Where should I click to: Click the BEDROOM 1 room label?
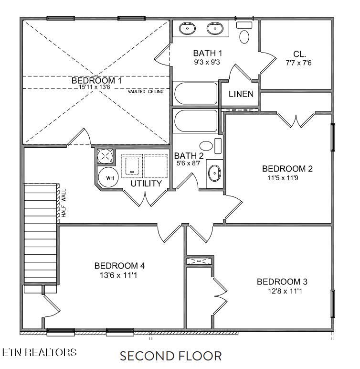96,80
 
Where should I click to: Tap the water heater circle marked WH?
109,178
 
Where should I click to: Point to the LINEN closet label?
241,94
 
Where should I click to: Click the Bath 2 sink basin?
215,173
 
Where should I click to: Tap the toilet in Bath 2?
207,146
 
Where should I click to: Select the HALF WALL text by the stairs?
63,204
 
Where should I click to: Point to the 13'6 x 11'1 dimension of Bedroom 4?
119,275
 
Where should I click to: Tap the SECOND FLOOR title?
170,356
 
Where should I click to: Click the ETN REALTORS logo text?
39,353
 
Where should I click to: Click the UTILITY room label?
146,183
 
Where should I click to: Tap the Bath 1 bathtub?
195,94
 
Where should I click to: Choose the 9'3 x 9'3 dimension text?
206,62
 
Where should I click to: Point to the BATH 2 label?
189,156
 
